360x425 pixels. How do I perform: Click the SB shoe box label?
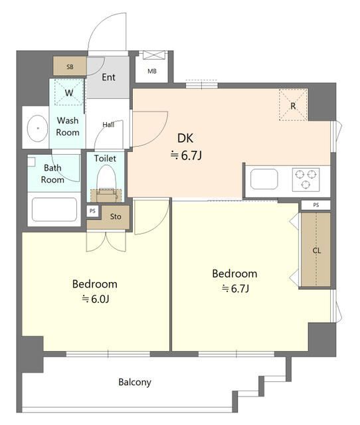point(70,66)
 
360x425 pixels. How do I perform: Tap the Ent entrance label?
point(108,77)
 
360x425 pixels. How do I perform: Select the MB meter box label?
point(152,71)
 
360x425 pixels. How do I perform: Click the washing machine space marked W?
point(69,92)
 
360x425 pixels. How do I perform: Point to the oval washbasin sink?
point(38,128)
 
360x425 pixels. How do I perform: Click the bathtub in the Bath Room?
point(54,209)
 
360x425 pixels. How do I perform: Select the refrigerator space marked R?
point(293,105)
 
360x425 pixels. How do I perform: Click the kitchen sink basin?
point(264,179)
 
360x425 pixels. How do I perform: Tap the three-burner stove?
point(306,179)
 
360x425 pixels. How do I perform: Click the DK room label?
point(185,138)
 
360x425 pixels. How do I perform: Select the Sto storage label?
point(116,216)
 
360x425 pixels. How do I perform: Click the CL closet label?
point(317,250)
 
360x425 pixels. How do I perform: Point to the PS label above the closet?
point(316,205)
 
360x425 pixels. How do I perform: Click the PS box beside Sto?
point(93,211)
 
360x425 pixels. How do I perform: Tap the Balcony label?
point(135,382)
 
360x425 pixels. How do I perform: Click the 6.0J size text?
point(96,299)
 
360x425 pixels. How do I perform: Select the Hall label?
point(108,125)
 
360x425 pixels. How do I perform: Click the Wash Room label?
point(68,126)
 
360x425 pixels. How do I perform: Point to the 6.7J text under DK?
point(186,155)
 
